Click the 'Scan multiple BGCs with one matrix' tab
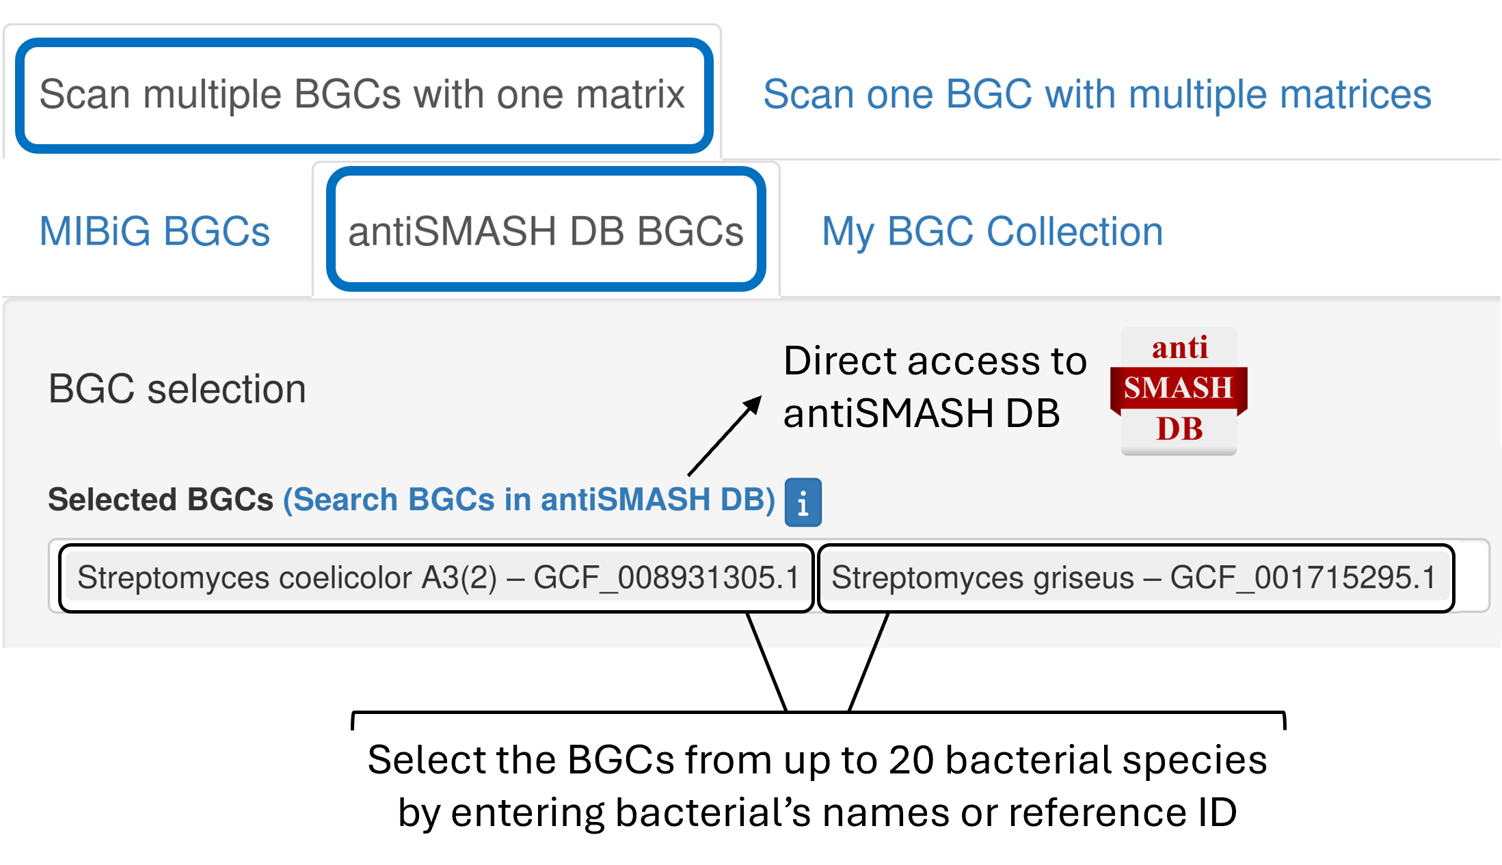tap(362, 94)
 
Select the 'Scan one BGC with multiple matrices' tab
tap(1097, 94)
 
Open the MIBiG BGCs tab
tap(155, 232)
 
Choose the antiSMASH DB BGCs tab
tap(546, 232)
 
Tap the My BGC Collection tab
tap(992, 232)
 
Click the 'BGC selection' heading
tap(177, 389)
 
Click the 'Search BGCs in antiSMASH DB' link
tap(528, 499)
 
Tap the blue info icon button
tap(803, 502)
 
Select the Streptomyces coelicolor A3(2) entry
tap(438, 578)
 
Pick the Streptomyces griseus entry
tap(1134, 578)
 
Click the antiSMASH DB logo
tap(1179, 390)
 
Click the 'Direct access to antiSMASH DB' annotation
tap(934, 387)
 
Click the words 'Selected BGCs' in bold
tap(161, 499)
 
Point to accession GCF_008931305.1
tap(666, 578)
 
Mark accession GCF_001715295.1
tap(1303, 578)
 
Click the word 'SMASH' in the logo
tap(1179, 388)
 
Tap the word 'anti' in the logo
tap(1180, 348)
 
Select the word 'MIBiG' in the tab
tap(95, 232)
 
